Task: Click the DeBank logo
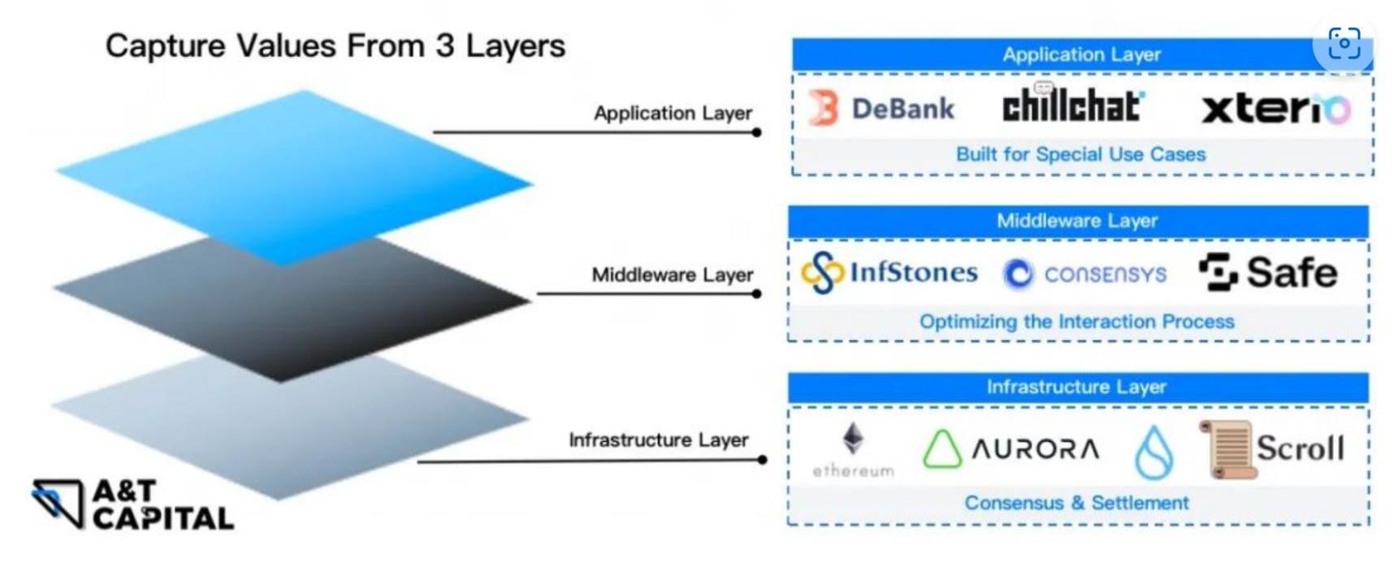point(882,108)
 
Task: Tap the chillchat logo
point(1072,106)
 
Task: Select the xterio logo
point(1275,109)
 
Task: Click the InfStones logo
point(889,272)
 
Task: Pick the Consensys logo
point(1085,275)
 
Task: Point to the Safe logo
point(1268,272)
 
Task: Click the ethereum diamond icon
point(852,439)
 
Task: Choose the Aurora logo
point(1011,448)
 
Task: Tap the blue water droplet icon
point(1153,452)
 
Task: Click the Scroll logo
point(1272,448)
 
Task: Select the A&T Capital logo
point(133,505)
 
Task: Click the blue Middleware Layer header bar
point(1077,221)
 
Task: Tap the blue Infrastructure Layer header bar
point(1077,388)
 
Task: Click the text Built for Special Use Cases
point(1080,154)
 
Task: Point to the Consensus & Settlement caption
point(1076,503)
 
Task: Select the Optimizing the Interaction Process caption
point(1076,322)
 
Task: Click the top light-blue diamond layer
point(294,175)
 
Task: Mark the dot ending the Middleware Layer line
point(756,294)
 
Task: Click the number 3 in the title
point(444,46)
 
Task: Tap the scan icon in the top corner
point(1344,43)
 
